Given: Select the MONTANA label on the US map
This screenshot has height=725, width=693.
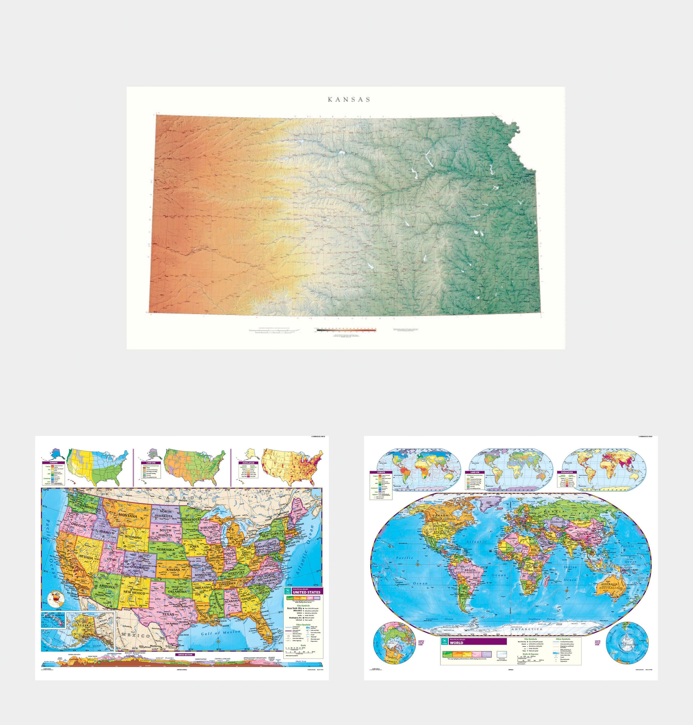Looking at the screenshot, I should click(128, 516).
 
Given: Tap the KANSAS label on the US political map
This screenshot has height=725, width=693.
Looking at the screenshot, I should click(173, 570).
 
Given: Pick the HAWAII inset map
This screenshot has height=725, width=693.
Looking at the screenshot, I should click(53, 620).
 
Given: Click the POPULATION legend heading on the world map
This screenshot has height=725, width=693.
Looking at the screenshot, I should click(567, 472).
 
